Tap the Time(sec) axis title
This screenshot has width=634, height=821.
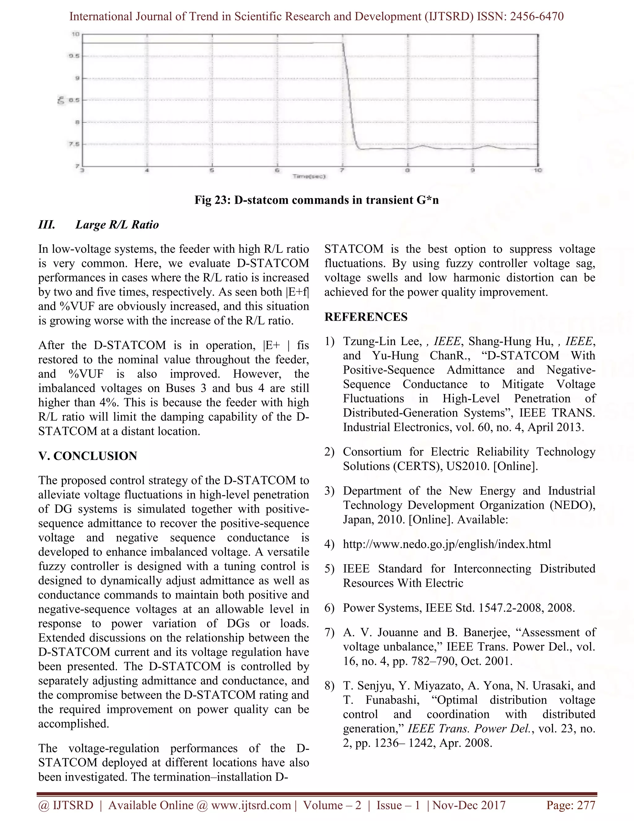309,176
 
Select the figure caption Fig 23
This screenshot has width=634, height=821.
316,200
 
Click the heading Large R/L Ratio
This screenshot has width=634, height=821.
117,225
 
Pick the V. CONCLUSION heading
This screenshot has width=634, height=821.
88,456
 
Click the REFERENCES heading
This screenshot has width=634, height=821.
366,317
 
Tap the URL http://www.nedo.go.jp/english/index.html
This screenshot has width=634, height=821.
447,544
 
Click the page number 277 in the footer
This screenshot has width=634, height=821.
586,805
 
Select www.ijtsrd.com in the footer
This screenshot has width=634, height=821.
251,805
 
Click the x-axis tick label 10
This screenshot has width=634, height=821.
537,171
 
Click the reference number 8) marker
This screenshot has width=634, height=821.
329,685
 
